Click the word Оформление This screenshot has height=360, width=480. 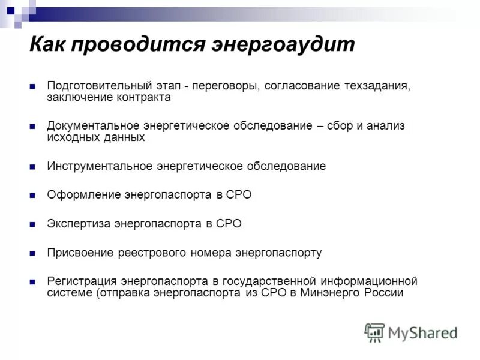coord(83,195)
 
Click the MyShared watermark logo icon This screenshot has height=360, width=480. coord(375,332)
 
